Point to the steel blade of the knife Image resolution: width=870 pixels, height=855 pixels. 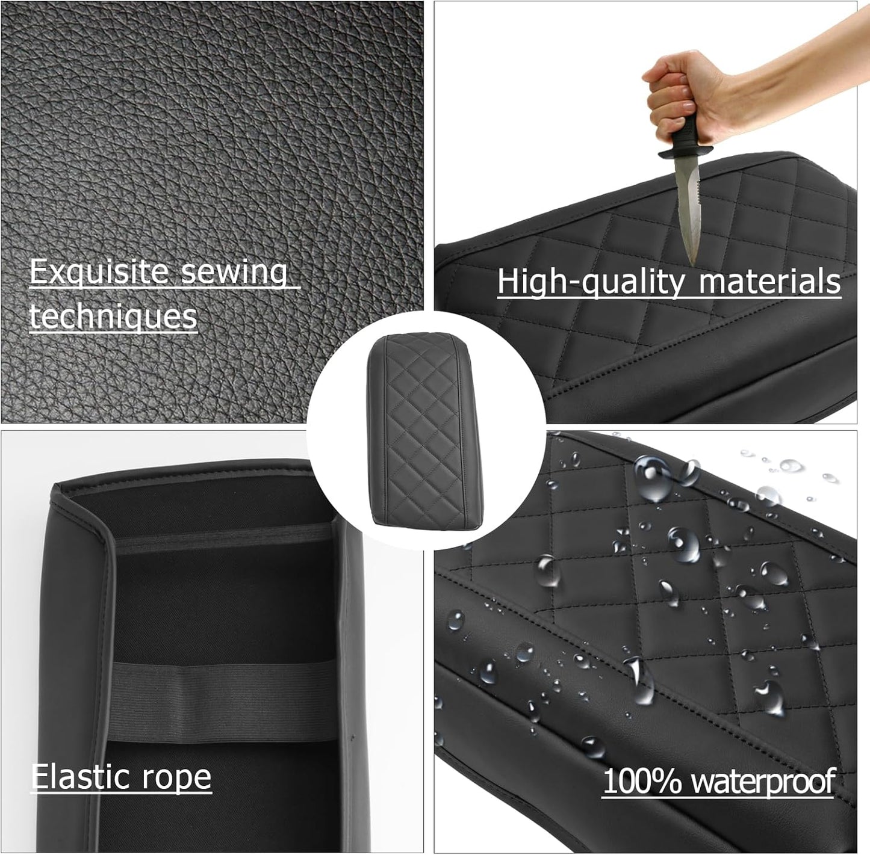coord(688,205)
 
